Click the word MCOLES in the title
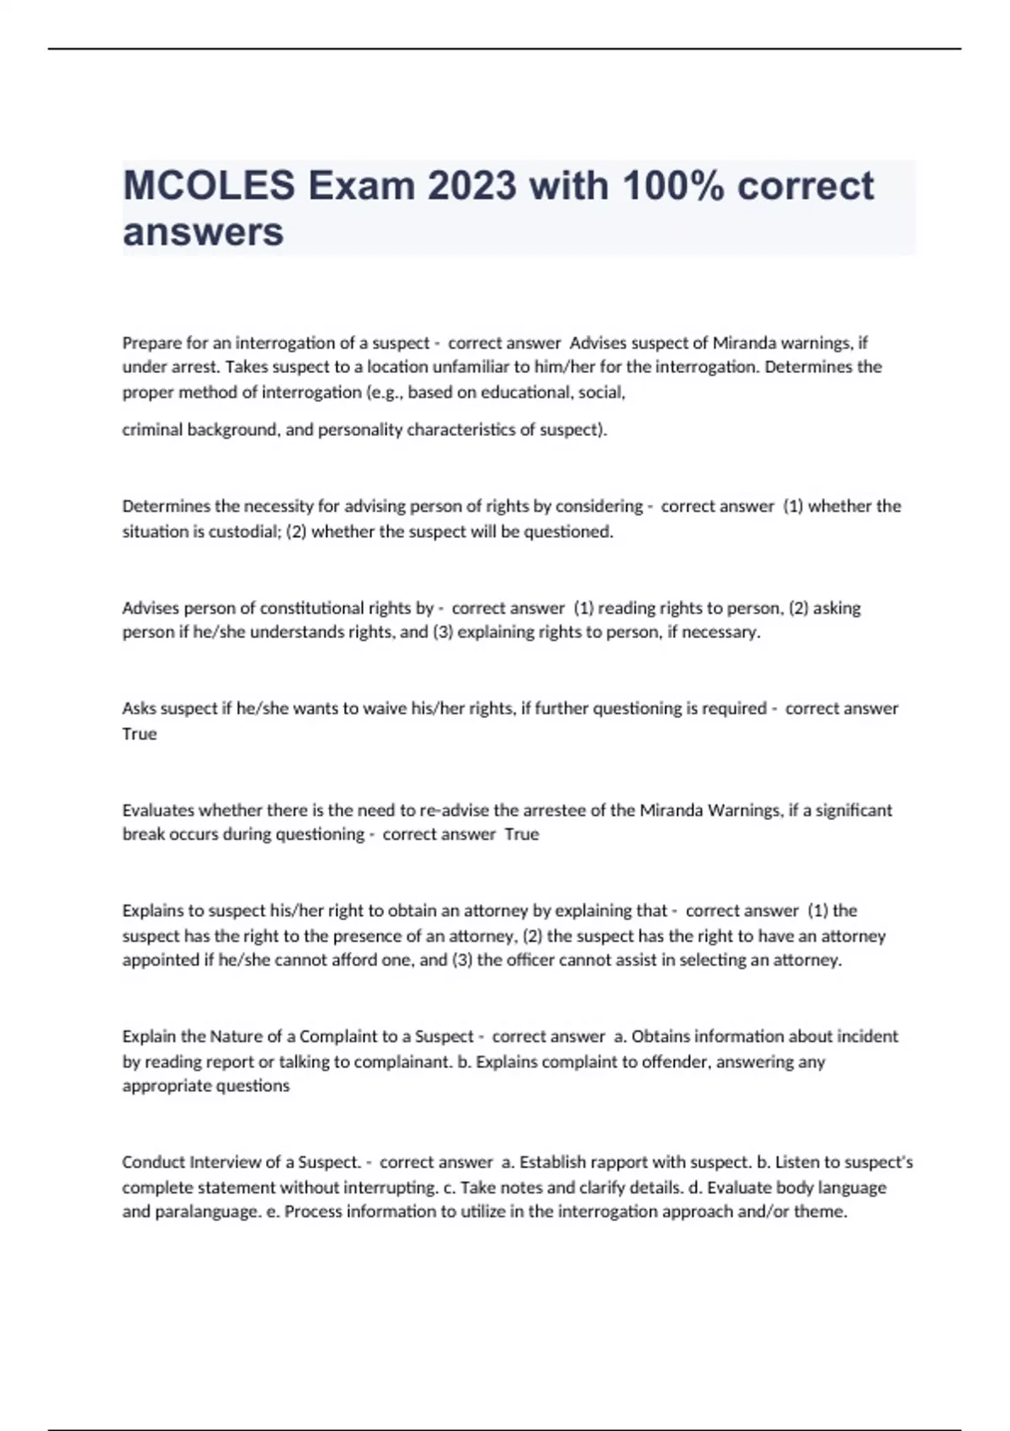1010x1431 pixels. (x=209, y=186)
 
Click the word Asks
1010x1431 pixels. (x=139, y=709)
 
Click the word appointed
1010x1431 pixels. (x=161, y=960)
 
